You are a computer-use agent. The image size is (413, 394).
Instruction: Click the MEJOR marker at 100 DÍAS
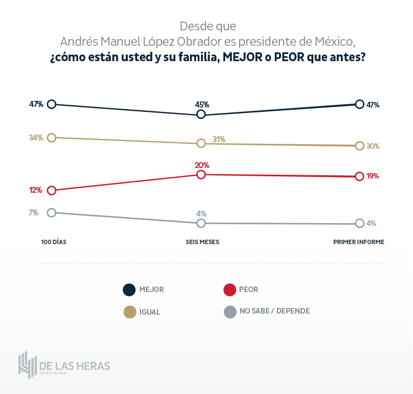pyautogui.click(x=52, y=104)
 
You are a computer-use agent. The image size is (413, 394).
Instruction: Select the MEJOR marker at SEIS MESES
pyautogui.click(x=201, y=114)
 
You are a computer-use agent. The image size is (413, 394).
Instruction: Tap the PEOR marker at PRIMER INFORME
pyautogui.click(x=360, y=176)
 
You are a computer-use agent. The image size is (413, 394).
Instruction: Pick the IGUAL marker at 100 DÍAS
pyautogui.click(x=52, y=137)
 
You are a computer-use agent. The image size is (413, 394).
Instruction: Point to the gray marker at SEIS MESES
pyautogui.click(x=201, y=223)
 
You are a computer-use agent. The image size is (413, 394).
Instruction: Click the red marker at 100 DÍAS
pyautogui.click(x=52, y=190)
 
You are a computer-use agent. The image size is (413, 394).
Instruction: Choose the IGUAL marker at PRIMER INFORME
pyautogui.click(x=360, y=146)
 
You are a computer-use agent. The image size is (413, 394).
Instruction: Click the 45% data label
pyautogui.click(x=202, y=104)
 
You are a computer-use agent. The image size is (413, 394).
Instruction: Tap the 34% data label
pyautogui.click(x=36, y=138)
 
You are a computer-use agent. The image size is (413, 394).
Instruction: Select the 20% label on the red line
pyautogui.click(x=202, y=165)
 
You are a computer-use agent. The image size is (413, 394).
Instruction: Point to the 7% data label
pyautogui.click(x=34, y=212)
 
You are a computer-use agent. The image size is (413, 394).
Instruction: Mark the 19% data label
pyautogui.click(x=373, y=176)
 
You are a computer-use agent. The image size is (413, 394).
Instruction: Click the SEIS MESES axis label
pyautogui.click(x=201, y=242)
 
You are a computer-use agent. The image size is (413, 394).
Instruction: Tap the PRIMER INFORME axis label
pyautogui.click(x=358, y=242)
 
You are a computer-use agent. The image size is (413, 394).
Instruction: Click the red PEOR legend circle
pyautogui.click(x=230, y=290)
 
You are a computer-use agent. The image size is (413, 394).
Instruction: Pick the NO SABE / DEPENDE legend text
pyautogui.click(x=274, y=311)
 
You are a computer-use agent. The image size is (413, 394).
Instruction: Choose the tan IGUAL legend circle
pyautogui.click(x=129, y=312)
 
